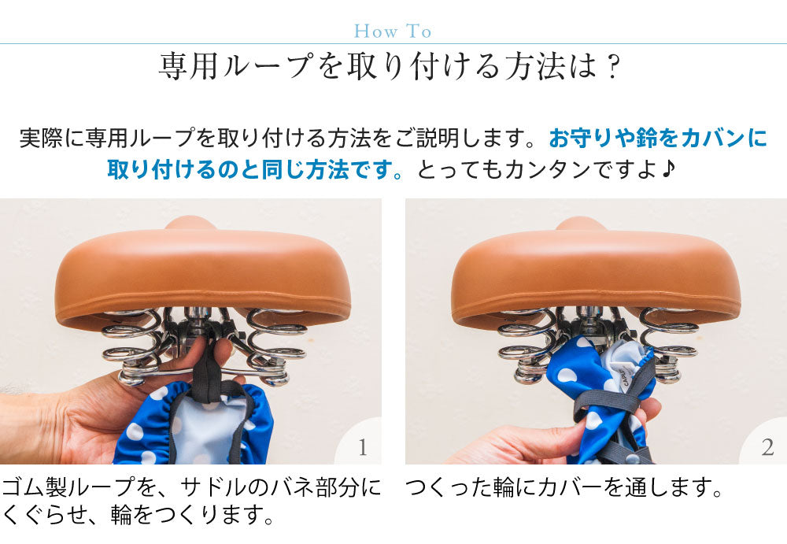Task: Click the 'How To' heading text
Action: point(393,31)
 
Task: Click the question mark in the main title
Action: point(612,67)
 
